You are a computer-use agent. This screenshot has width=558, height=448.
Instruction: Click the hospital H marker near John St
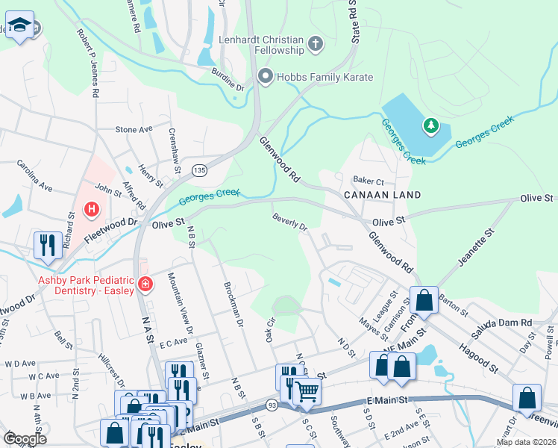[92, 208]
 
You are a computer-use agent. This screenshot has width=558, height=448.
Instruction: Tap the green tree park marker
[430, 125]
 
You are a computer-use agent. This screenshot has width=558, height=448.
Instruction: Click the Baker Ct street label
[368, 181]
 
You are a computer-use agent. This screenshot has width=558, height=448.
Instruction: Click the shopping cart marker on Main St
[307, 390]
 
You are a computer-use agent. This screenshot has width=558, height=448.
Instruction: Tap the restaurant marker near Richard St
[48, 244]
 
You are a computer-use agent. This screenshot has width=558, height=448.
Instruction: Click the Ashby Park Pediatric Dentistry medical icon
[145, 284]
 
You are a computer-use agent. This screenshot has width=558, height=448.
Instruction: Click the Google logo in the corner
[25, 438]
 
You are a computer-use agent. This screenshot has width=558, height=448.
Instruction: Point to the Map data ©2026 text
[525, 442]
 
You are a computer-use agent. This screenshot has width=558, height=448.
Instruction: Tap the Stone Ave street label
[134, 129]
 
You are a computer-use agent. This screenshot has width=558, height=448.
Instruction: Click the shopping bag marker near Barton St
[424, 301]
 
